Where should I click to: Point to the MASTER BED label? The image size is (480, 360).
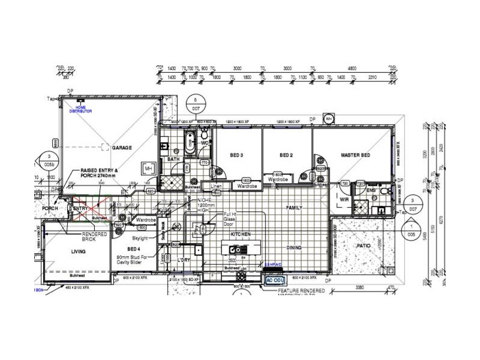[x=355, y=155]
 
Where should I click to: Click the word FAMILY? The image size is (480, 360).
[x=294, y=208]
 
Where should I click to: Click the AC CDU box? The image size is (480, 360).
[x=275, y=279]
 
